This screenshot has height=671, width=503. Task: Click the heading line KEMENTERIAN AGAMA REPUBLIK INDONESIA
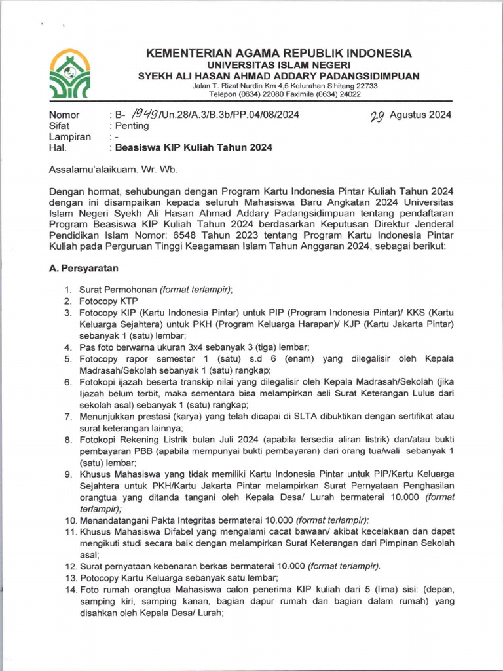point(278,53)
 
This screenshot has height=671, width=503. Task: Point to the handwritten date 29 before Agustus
point(377,115)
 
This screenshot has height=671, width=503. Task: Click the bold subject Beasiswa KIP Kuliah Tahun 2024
point(194,147)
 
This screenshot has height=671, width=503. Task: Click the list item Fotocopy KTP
point(108,301)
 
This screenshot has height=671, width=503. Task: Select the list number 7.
point(67,416)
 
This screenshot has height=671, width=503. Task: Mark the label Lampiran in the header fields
point(69,137)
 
